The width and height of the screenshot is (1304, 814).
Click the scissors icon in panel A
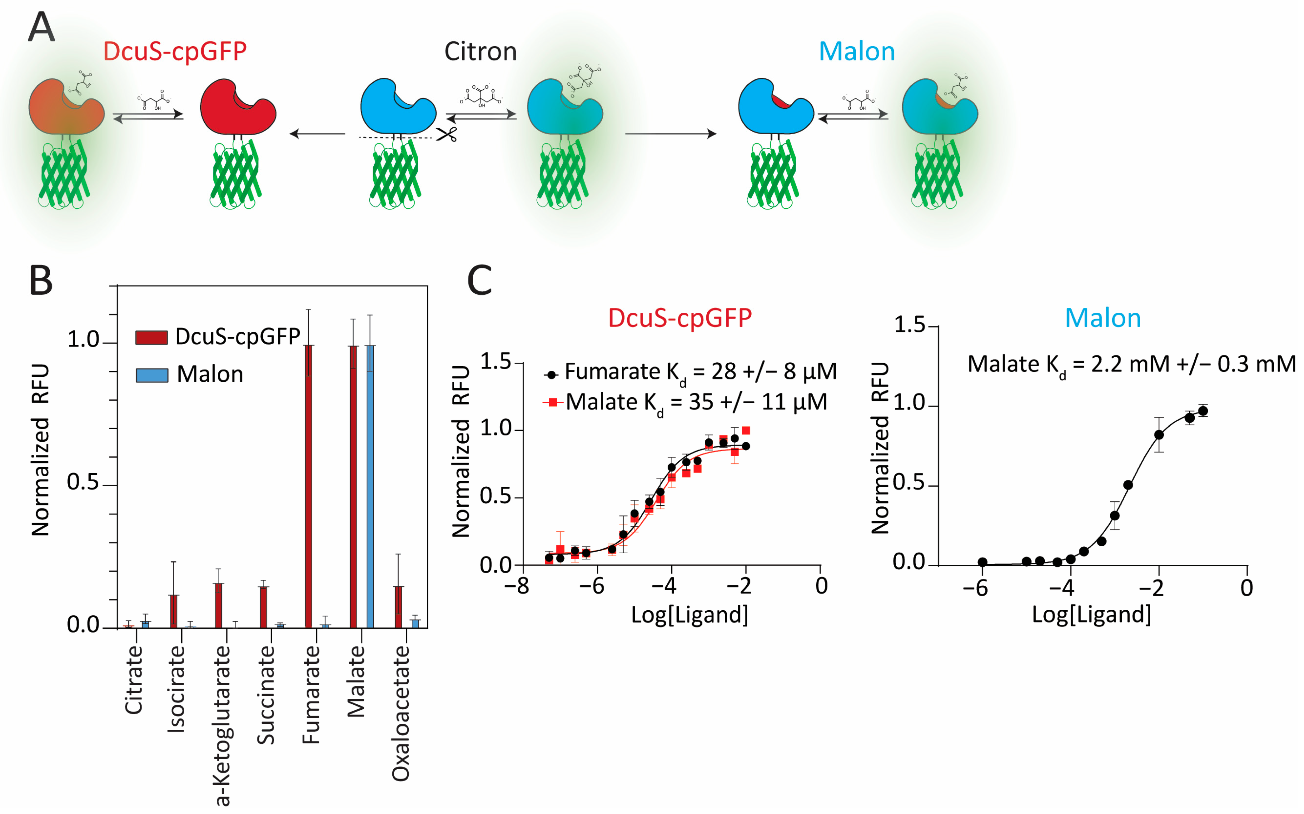[447, 133]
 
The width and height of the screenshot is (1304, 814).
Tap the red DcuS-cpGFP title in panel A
[175, 52]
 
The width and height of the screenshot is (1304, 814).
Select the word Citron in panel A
[480, 52]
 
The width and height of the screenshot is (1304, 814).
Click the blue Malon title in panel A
[857, 52]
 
